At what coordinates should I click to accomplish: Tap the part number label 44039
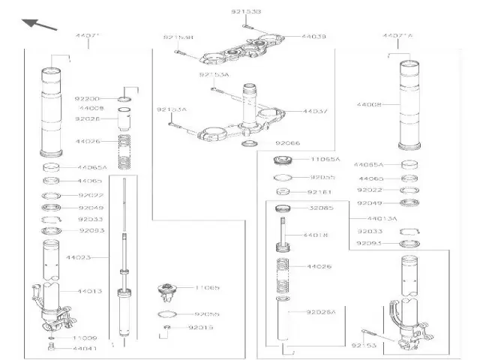tap(314, 36)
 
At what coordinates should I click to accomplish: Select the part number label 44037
tap(314, 111)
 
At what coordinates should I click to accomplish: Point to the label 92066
tap(288, 142)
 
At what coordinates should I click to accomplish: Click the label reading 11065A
tap(326, 160)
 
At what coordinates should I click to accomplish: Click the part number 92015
tap(200, 328)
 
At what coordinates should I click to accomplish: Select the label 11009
tap(85, 338)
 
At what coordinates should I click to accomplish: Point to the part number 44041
tap(85, 349)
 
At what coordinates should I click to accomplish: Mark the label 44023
tap(77, 257)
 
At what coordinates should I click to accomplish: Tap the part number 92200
tap(88, 98)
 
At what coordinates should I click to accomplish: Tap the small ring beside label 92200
tap(124, 98)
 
